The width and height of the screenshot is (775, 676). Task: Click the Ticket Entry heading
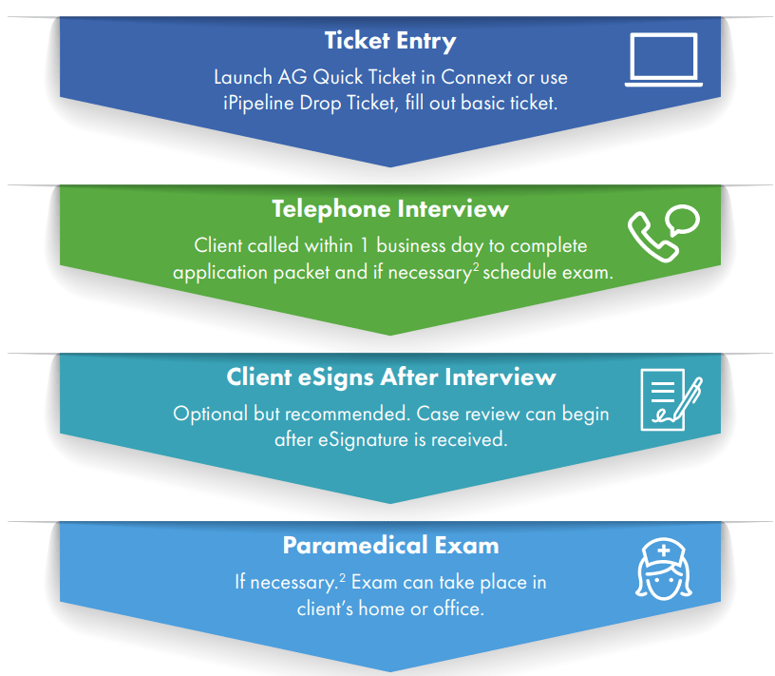[390, 42]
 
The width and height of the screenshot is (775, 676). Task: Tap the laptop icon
[663, 61]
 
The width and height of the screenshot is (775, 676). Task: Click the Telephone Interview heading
[390, 209]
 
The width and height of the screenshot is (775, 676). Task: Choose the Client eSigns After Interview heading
[390, 377]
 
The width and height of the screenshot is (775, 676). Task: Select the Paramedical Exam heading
[390, 546]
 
